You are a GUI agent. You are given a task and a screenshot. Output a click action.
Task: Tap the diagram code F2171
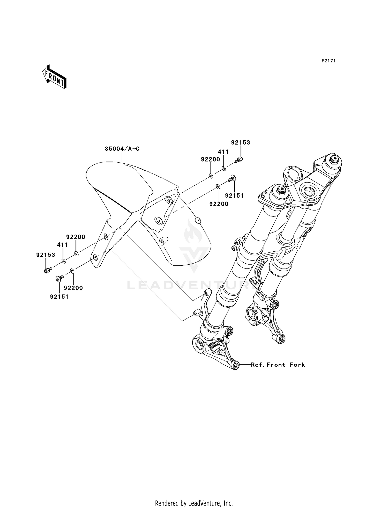[329, 61]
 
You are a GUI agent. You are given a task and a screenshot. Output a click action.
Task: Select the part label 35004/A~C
[122, 149]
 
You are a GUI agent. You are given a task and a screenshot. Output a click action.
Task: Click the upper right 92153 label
[241, 142]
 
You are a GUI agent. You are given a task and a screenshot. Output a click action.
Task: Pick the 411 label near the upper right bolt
[223, 152]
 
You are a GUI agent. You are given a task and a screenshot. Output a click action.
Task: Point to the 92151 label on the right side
[234, 195]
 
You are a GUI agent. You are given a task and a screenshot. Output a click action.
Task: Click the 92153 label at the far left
[46, 255]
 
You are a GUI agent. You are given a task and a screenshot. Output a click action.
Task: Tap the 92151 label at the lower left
[59, 297]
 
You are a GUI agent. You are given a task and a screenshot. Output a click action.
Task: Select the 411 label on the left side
[62, 245]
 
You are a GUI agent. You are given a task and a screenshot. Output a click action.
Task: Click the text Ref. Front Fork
[278, 365]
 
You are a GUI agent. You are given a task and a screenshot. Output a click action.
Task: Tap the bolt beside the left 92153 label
[48, 271]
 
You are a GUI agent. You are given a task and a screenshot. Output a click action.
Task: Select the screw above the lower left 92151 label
[60, 278]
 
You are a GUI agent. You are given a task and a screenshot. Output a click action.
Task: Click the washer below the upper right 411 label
[224, 169]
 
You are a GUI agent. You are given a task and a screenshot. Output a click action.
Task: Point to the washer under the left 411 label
[64, 260]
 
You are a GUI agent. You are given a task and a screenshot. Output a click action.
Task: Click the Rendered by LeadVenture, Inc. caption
[194, 496]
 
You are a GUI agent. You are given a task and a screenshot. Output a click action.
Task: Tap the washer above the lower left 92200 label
[72, 271]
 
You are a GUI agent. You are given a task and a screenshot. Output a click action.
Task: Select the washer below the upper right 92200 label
[211, 176]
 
